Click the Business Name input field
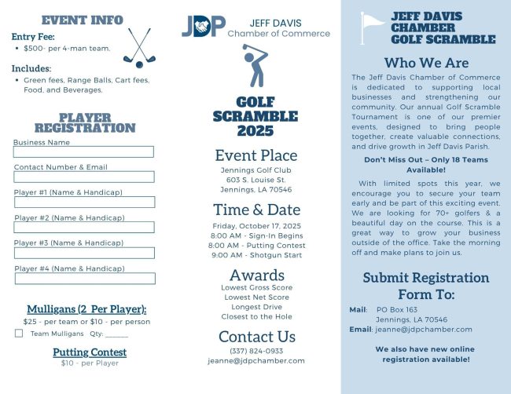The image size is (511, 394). (83, 152)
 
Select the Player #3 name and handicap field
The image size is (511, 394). (83, 253)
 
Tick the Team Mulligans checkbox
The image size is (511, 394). (19, 334)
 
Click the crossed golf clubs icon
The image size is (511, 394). (139, 48)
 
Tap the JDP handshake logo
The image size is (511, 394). (203, 27)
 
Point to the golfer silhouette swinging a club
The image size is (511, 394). (255, 66)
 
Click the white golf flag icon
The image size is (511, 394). (372, 28)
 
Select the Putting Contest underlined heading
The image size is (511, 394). (90, 352)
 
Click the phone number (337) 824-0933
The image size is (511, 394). (256, 351)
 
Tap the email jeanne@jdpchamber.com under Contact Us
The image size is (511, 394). (256, 361)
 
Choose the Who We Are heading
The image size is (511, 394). (426, 63)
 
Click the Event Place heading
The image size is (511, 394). (256, 155)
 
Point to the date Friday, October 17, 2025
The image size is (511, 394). (256, 225)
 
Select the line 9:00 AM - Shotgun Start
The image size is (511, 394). (256, 254)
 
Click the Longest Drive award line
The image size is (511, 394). (256, 307)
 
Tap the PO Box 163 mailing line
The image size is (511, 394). (396, 309)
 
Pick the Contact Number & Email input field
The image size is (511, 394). (83, 177)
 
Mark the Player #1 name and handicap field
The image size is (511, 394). (83, 202)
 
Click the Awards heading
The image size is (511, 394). (256, 275)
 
